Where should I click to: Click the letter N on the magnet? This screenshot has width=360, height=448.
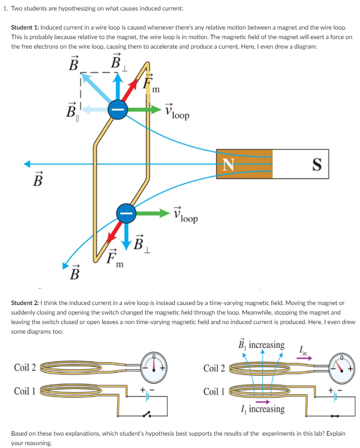[229, 164]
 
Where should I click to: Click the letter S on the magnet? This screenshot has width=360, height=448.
[316, 164]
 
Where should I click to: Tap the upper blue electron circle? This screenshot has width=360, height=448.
[116, 109]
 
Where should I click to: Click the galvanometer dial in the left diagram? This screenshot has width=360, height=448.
[153, 367]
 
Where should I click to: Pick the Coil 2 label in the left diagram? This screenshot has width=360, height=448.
[25, 367]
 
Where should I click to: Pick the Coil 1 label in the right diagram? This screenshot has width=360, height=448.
[214, 391]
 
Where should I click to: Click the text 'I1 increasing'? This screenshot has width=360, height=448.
[263, 409]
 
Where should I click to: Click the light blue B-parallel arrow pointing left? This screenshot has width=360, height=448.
[92, 109]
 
